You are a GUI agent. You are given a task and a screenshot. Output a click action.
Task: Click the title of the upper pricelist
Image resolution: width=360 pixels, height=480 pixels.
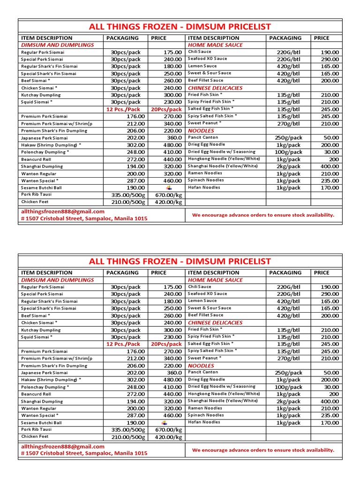click(180, 27)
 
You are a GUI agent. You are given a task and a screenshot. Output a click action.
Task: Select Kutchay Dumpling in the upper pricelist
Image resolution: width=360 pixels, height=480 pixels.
click(41, 95)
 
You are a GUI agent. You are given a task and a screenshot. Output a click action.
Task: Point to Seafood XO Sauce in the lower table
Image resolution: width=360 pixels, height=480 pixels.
click(207, 293)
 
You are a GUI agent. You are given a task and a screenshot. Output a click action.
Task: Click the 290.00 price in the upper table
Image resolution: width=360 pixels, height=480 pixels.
click(330, 59)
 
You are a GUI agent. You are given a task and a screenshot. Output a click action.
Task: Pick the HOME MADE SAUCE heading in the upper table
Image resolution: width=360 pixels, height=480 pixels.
click(215, 45)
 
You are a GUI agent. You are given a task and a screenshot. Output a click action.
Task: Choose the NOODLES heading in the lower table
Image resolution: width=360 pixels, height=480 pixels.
click(201, 366)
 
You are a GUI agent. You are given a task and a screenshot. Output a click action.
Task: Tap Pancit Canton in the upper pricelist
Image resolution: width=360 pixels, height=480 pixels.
click(203, 137)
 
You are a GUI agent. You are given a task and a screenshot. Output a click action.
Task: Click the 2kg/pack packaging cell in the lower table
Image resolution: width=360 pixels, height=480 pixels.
click(288, 401)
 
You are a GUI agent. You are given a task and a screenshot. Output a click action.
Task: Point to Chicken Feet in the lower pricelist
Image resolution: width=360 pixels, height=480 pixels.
click(35, 436)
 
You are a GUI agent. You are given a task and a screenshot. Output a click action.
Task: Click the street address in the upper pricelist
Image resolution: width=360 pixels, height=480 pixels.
click(84, 218)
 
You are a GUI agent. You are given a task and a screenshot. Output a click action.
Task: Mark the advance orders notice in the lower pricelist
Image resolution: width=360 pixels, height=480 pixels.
click(263, 450)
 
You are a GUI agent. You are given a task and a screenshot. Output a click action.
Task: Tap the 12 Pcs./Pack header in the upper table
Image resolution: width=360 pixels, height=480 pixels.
click(123, 109)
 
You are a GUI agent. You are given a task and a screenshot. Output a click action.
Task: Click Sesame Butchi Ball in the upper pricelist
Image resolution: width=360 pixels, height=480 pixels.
click(41, 187)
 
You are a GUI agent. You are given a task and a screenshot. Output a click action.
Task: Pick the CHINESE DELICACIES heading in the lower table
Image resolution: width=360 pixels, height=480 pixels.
click(215, 322)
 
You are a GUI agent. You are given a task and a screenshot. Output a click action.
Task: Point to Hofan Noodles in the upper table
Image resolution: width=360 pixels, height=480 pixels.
click(204, 187)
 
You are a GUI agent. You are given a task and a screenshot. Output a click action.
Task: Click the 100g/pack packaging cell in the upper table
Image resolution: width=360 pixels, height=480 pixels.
click(288, 152)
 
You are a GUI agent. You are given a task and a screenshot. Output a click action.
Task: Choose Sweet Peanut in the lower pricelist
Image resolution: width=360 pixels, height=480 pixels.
click(204, 358)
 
